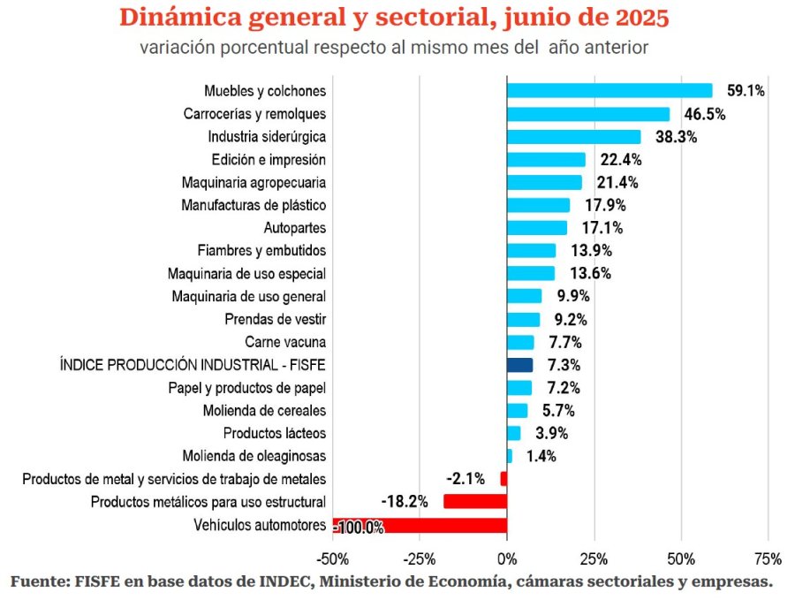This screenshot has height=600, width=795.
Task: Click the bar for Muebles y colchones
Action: pos(609,90)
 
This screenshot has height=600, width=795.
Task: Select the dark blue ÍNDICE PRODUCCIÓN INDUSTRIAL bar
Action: pos(519,364)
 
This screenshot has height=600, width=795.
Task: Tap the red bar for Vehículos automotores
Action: pos(420,526)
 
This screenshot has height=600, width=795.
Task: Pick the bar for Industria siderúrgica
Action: pos(573,136)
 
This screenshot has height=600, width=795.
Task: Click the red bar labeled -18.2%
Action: pos(474,501)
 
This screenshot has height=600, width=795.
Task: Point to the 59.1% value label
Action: pos(746,90)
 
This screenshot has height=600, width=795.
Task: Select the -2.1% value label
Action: pos(466,479)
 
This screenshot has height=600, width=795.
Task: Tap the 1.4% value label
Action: pos(541,456)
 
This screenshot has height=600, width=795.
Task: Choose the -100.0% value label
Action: pos(360,528)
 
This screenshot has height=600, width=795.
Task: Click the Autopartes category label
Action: pos(295,227)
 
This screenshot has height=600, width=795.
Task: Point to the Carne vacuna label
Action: pos(285,341)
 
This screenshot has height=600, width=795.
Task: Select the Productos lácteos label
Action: pos(275,433)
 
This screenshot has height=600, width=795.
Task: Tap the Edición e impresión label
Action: pos(269,159)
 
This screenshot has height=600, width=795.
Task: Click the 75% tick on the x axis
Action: pos(768,558)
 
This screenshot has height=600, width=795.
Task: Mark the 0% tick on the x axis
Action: pos(506,558)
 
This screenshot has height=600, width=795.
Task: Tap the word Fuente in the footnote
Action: pos(38,581)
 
